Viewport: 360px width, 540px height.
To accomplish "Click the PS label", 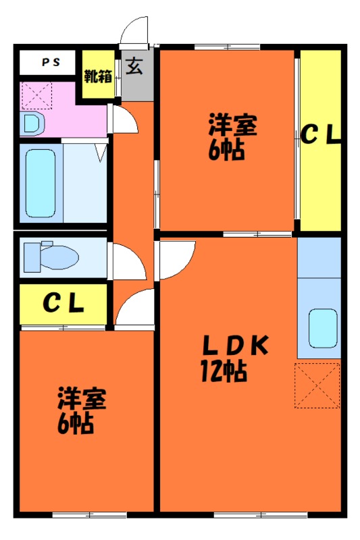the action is coord(51,62).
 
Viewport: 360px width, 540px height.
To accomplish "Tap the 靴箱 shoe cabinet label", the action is coord(98,76).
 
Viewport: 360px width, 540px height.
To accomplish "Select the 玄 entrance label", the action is coord(134,65).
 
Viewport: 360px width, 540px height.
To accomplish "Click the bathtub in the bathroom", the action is coord(41,183).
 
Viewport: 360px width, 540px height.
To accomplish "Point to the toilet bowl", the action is coord(52,256).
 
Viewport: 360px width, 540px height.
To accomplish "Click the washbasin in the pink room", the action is coord(32,123).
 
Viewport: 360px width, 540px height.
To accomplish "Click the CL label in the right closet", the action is coord(321,134).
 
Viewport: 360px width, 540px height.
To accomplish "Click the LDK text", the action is coord(236,346).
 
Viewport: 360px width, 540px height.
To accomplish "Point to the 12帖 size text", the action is coord(224,371).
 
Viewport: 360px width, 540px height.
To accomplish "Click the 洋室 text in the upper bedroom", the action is coord(232,125).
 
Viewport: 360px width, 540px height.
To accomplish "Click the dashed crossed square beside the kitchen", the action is coord(317,385).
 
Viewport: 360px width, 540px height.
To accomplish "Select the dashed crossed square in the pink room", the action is coord(37,95).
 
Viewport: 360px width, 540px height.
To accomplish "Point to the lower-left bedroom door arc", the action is coord(128,299).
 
